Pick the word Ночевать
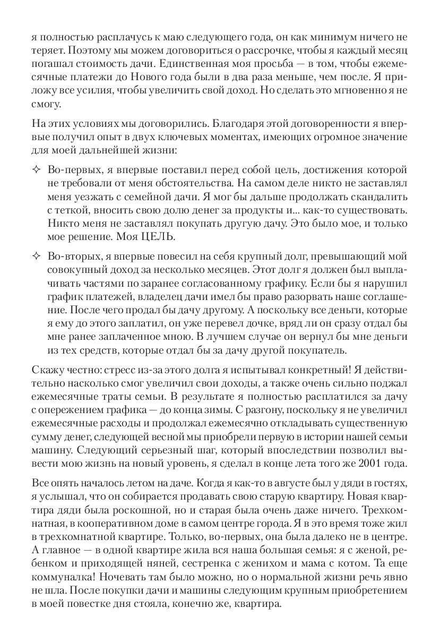(x=125, y=579)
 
